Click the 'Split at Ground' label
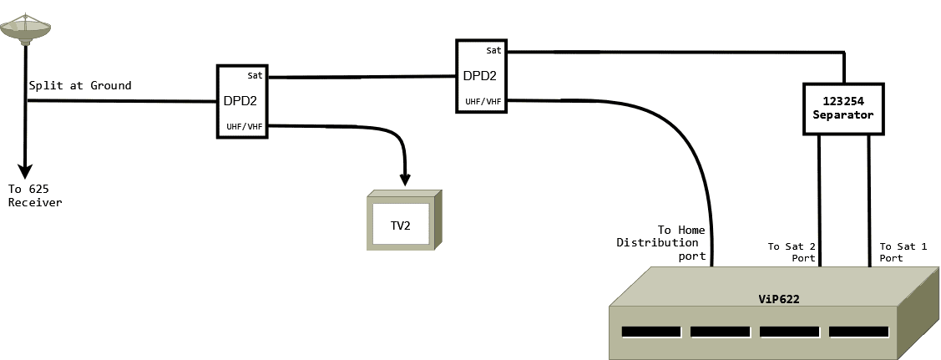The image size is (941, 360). click(80, 86)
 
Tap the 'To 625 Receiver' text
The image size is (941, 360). click(35, 195)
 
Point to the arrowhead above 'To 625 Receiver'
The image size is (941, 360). click(26, 170)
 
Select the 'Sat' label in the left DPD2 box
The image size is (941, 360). click(255, 75)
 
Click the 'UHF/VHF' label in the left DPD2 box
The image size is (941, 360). click(245, 127)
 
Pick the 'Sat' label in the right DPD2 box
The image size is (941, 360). click(493, 50)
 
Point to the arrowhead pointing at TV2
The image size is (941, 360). click(406, 180)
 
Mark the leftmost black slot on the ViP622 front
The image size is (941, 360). click(651, 332)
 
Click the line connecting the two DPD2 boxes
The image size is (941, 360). click(361, 78)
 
